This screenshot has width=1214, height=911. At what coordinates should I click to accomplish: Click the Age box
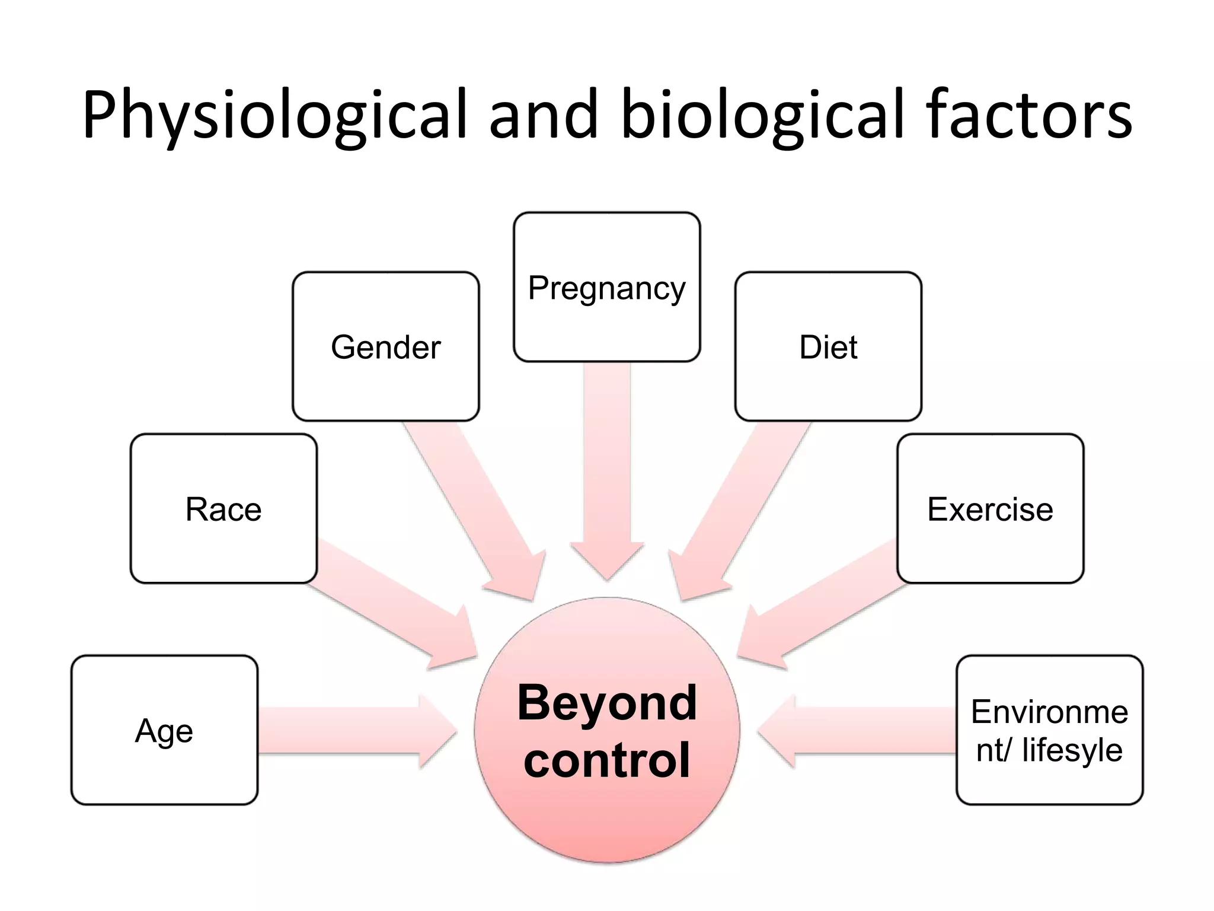tap(164, 730)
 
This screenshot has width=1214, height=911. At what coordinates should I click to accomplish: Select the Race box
tap(223, 509)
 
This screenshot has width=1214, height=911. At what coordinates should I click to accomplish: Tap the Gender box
tap(385, 347)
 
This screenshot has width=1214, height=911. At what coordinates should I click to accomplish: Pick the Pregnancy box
tap(606, 288)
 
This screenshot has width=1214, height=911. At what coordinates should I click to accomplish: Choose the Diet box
tap(828, 347)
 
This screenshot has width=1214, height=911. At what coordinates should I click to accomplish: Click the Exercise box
tap(990, 509)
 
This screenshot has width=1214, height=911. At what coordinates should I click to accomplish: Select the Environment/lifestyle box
tap(1049, 730)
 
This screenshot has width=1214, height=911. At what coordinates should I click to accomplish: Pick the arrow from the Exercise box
tap(824, 611)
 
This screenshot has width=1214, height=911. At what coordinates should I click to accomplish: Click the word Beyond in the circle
tap(607, 703)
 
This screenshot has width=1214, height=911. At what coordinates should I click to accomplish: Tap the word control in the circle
tap(607, 760)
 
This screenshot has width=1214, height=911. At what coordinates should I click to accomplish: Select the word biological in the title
tap(762, 116)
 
